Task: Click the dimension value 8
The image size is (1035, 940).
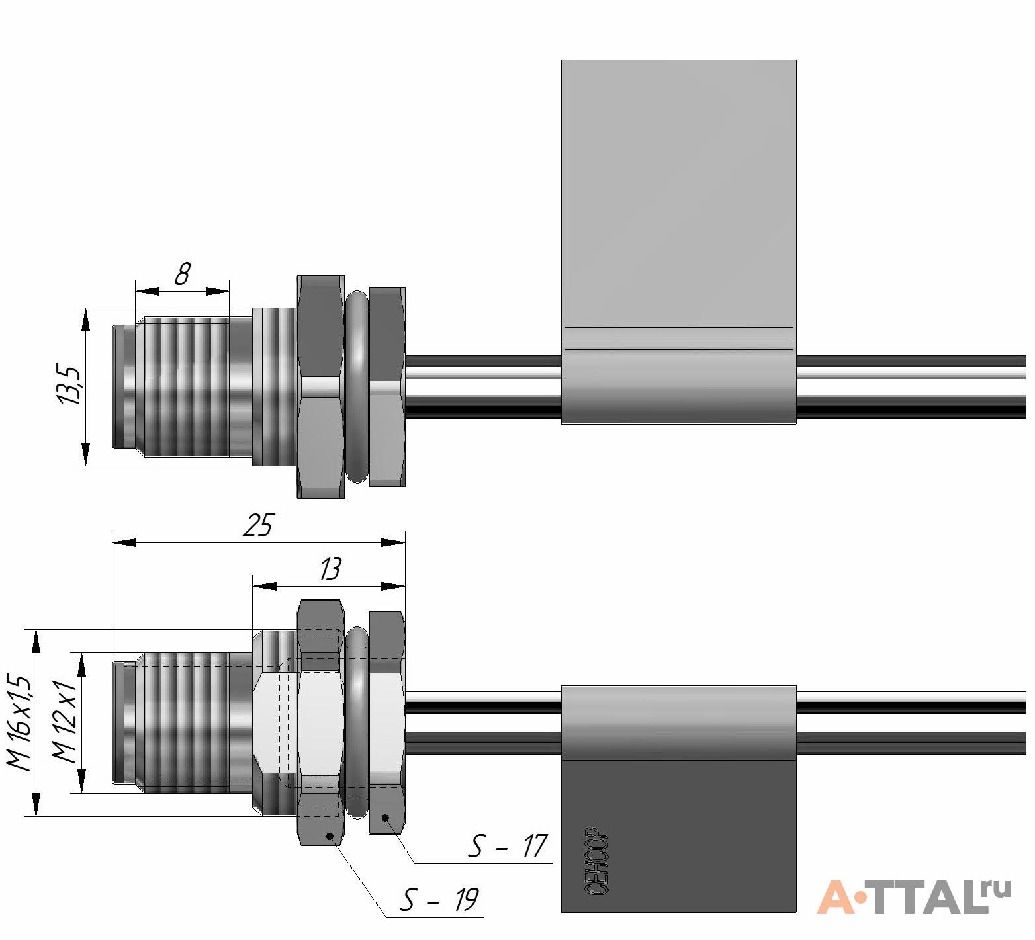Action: pyautogui.click(x=183, y=274)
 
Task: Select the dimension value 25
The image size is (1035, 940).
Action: pyautogui.click(x=257, y=525)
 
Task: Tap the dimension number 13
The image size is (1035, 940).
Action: pyautogui.click(x=330, y=569)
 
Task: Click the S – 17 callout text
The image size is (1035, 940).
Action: pyautogui.click(x=508, y=846)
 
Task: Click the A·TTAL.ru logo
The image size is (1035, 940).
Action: pyautogui.click(x=914, y=896)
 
